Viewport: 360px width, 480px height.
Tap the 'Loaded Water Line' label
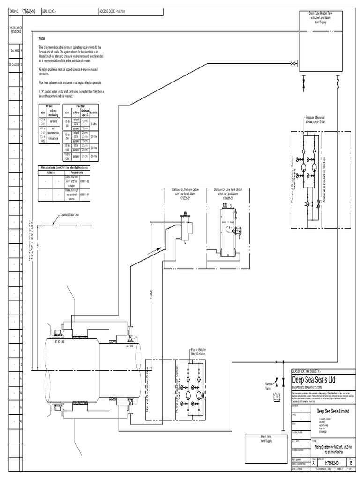tap(69, 216)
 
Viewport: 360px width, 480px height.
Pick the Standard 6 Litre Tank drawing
tap(187, 226)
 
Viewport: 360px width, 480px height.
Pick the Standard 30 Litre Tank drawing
tap(230, 224)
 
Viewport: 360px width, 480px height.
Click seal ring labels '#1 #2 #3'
tap(59, 342)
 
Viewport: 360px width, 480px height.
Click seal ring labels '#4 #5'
tap(130, 346)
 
